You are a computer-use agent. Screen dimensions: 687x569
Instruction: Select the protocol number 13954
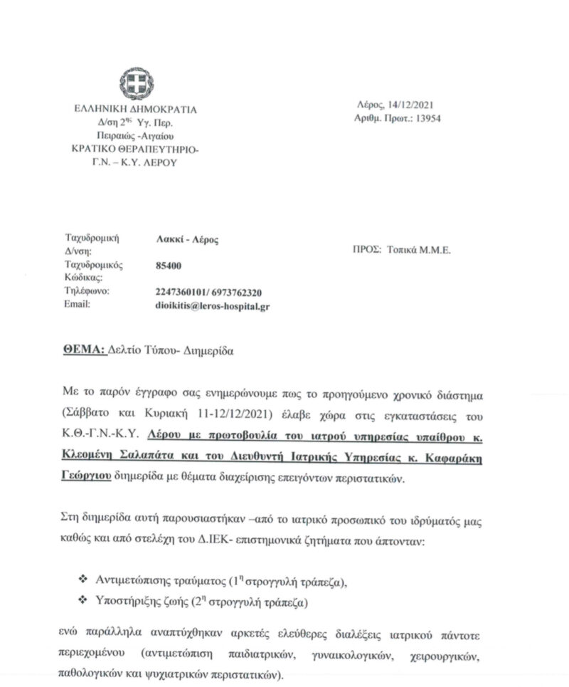[427, 118]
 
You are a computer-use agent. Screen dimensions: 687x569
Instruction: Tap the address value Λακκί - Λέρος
[186, 239]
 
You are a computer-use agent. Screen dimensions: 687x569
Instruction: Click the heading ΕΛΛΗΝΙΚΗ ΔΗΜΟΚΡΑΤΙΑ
[136, 109]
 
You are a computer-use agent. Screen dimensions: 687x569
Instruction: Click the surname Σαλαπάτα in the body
[139, 460]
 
